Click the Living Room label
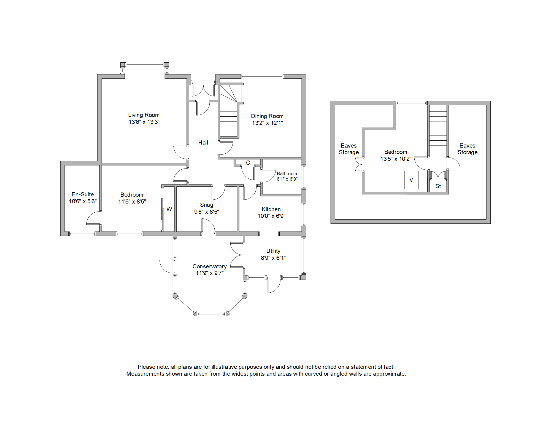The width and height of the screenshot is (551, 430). (x=144, y=115)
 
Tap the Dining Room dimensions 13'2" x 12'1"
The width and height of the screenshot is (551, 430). (x=267, y=123)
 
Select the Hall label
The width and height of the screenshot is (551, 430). (x=203, y=143)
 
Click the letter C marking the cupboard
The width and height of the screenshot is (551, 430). (x=248, y=163)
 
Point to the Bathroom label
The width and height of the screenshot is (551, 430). (x=287, y=173)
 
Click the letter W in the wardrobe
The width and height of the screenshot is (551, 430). (x=169, y=209)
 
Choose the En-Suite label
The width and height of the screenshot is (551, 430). (x=83, y=194)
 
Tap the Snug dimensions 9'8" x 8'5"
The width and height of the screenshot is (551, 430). (x=206, y=212)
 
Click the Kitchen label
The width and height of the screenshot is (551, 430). (x=271, y=209)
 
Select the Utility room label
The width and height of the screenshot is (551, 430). (x=273, y=251)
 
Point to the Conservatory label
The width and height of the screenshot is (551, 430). (x=209, y=266)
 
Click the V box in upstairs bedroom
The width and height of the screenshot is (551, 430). (x=411, y=180)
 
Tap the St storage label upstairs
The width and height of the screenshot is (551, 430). (x=438, y=186)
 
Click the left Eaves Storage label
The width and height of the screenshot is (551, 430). (x=349, y=149)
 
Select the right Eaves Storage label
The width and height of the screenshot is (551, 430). (x=467, y=149)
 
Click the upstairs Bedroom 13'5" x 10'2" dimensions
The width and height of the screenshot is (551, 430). (x=396, y=159)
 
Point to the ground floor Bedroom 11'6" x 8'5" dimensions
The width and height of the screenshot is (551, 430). (x=132, y=202)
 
